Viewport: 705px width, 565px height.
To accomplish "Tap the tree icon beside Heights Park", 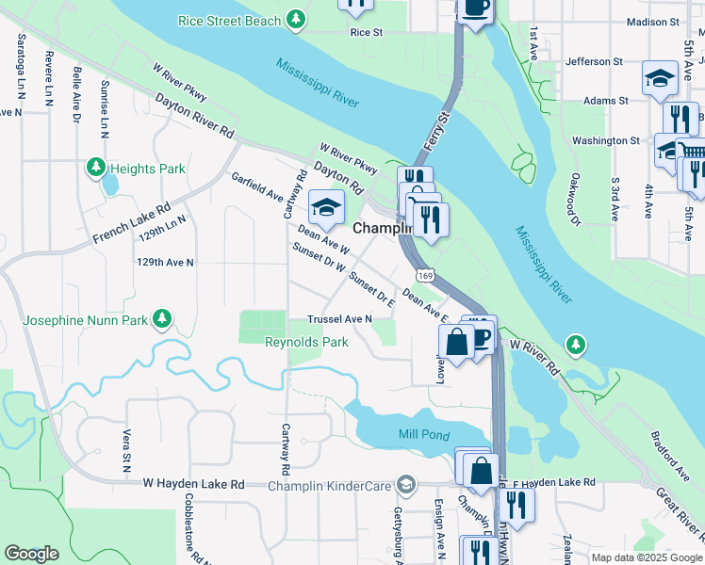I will click(95, 169).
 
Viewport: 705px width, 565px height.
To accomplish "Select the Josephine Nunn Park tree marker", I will click(163, 320).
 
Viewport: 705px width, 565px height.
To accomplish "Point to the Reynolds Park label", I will click(306, 342).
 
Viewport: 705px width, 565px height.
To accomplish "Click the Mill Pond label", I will click(419, 434).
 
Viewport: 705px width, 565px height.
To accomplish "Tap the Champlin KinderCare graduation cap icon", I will click(406, 485).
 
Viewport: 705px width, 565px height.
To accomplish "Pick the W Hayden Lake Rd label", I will click(193, 483).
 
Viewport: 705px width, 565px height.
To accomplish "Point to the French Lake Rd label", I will click(131, 223).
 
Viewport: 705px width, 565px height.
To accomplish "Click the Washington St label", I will click(605, 141).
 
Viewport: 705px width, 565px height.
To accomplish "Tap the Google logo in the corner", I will click(31, 554).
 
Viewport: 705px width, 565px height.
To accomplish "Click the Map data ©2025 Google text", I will click(646, 557).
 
